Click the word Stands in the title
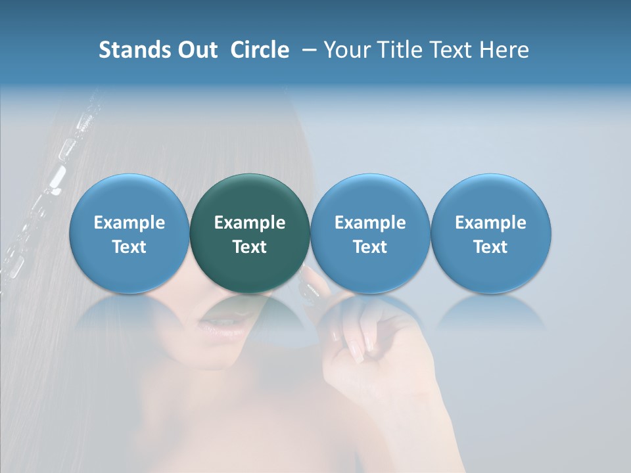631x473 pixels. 130,50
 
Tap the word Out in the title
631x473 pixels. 195,50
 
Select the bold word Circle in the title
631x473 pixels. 260,50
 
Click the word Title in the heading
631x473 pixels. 396,50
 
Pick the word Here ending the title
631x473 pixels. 505,50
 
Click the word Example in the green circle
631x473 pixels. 250,223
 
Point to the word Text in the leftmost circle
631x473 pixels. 129,247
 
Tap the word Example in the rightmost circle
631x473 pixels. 491,223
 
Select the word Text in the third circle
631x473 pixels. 370,247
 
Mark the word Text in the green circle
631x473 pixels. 250,247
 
